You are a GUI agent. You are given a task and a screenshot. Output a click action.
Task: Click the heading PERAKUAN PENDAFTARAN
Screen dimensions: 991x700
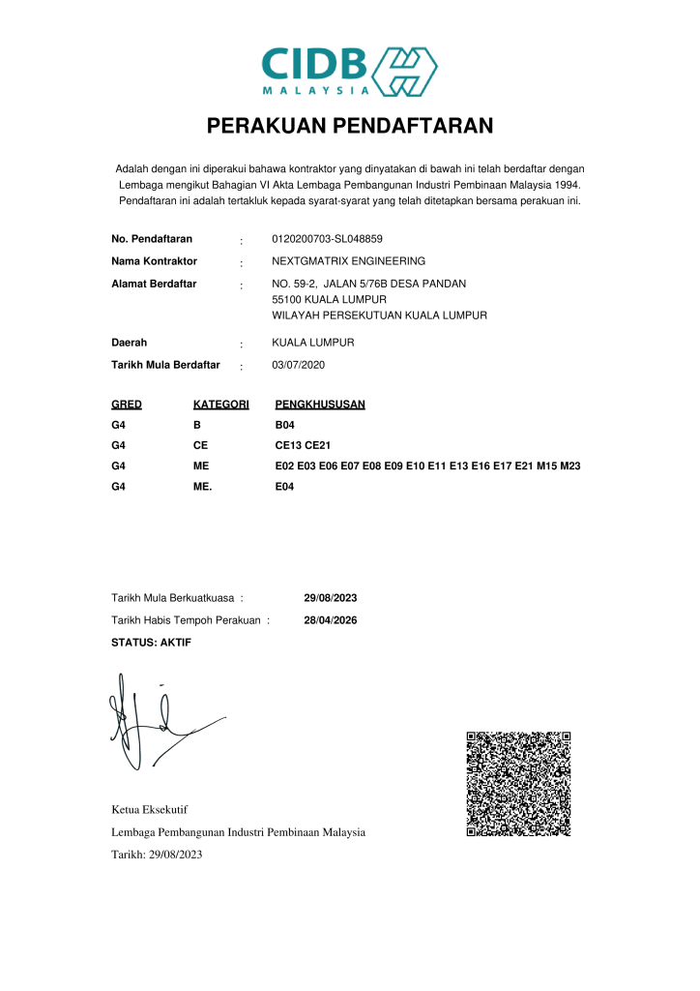pos(350,126)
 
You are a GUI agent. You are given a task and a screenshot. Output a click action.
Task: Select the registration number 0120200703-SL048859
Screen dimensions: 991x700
pos(328,239)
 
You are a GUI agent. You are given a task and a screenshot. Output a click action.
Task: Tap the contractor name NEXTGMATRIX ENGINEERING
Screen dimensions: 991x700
pos(349,261)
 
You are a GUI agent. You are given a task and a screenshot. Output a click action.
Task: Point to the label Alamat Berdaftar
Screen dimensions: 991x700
pos(155,284)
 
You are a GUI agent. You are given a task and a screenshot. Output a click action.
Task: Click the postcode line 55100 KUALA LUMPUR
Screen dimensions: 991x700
pos(323,300)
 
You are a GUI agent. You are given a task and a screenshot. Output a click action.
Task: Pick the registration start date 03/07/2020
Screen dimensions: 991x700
pos(299,366)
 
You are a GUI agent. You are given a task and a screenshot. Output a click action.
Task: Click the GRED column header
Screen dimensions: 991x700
pos(127,405)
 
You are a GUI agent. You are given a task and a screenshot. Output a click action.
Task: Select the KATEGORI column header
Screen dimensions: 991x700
pos(221,405)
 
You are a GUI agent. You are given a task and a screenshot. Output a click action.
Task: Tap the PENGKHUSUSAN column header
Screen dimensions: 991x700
pos(320,405)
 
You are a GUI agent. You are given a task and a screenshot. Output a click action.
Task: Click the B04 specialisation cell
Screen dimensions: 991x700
pos(285,425)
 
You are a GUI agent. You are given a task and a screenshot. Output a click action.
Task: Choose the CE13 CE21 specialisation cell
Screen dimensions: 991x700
pos(304,446)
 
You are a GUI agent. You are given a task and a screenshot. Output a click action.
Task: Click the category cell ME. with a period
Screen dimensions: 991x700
pos(203,487)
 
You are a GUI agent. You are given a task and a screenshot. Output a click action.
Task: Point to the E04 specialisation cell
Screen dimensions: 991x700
pos(285,487)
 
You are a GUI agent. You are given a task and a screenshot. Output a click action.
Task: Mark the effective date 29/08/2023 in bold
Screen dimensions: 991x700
pos(331,598)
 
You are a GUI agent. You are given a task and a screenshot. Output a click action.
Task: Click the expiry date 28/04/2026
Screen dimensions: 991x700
pos(331,620)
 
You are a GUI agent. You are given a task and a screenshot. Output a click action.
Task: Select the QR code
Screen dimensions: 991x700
pos(519,784)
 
